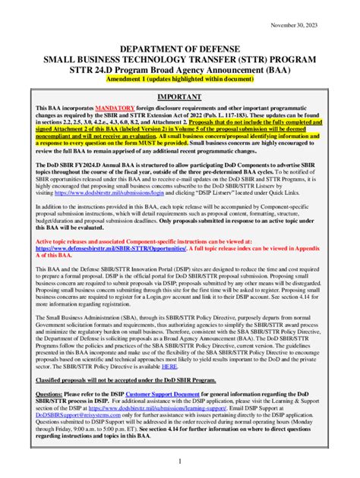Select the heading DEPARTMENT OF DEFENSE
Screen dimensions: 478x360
(179, 49)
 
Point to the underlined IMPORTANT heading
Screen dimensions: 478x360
(179, 98)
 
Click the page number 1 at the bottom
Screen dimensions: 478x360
(180, 461)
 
